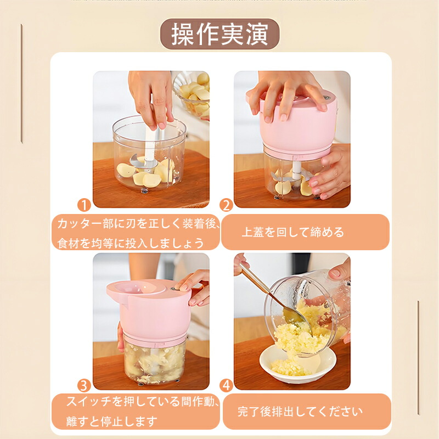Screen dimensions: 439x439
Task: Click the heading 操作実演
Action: pos(220,34)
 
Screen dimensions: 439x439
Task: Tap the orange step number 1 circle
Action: pos(85,205)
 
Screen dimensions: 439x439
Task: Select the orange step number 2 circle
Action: pos(226,205)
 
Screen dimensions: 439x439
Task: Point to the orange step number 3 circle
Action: pos(84,386)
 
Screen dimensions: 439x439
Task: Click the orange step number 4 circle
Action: pos(226,386)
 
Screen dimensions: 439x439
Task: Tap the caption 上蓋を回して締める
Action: pos(292,232)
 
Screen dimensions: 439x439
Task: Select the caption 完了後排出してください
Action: pos(300,412)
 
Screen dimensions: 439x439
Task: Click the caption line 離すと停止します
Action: pos(112,421)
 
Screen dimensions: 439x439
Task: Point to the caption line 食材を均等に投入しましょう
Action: pos(131,243)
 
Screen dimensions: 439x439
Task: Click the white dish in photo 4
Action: pos(297,364)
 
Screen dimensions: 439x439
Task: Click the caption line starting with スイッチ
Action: pos(143,402)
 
